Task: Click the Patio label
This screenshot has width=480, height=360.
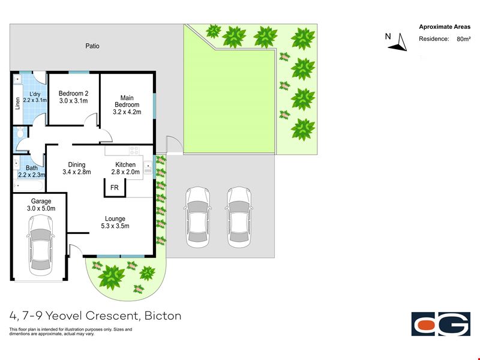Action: click(x=92, y=46)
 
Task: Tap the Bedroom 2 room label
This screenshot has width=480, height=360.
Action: click(x=73, y=94)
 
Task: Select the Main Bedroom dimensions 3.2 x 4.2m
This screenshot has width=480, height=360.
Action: click(x=127, y=112)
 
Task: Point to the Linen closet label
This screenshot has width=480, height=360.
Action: click(x=17, y=103)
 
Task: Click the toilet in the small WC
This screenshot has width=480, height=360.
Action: click(x=20, y=132)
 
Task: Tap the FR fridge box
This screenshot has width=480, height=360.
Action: click(x=115, y=187)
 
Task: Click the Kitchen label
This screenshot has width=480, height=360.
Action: click(x=125, y=164)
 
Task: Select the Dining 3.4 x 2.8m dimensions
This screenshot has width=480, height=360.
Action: click(x=77, y=172)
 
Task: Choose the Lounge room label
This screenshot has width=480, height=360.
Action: click(x=115, y=218)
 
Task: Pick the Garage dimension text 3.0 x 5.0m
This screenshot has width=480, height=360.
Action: click(x=41, y=208)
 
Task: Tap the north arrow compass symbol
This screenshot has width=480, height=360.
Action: click(x=398, y=42)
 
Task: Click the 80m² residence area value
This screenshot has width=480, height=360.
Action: click(x=463, y=39)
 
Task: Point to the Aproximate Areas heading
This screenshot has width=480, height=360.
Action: click(x=445, y=27)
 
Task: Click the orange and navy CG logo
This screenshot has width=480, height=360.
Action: click(x=441, y=324)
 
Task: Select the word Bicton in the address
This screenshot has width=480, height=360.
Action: click(x=163, y=316)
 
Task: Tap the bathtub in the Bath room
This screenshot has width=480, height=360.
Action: click(x=28, y=185)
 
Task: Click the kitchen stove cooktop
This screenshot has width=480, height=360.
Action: click(x=134, y=151)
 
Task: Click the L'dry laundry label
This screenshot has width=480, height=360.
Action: click(x=35, y=94)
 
